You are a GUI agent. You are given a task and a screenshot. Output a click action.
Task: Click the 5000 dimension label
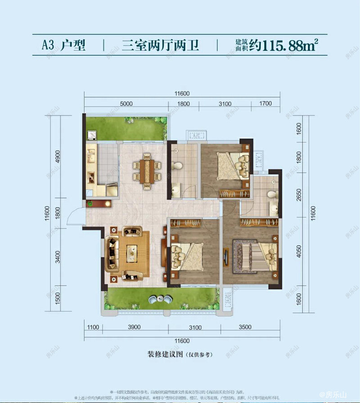pos(126,104)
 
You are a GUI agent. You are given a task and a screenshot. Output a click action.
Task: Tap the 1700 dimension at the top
pos(266,104)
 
